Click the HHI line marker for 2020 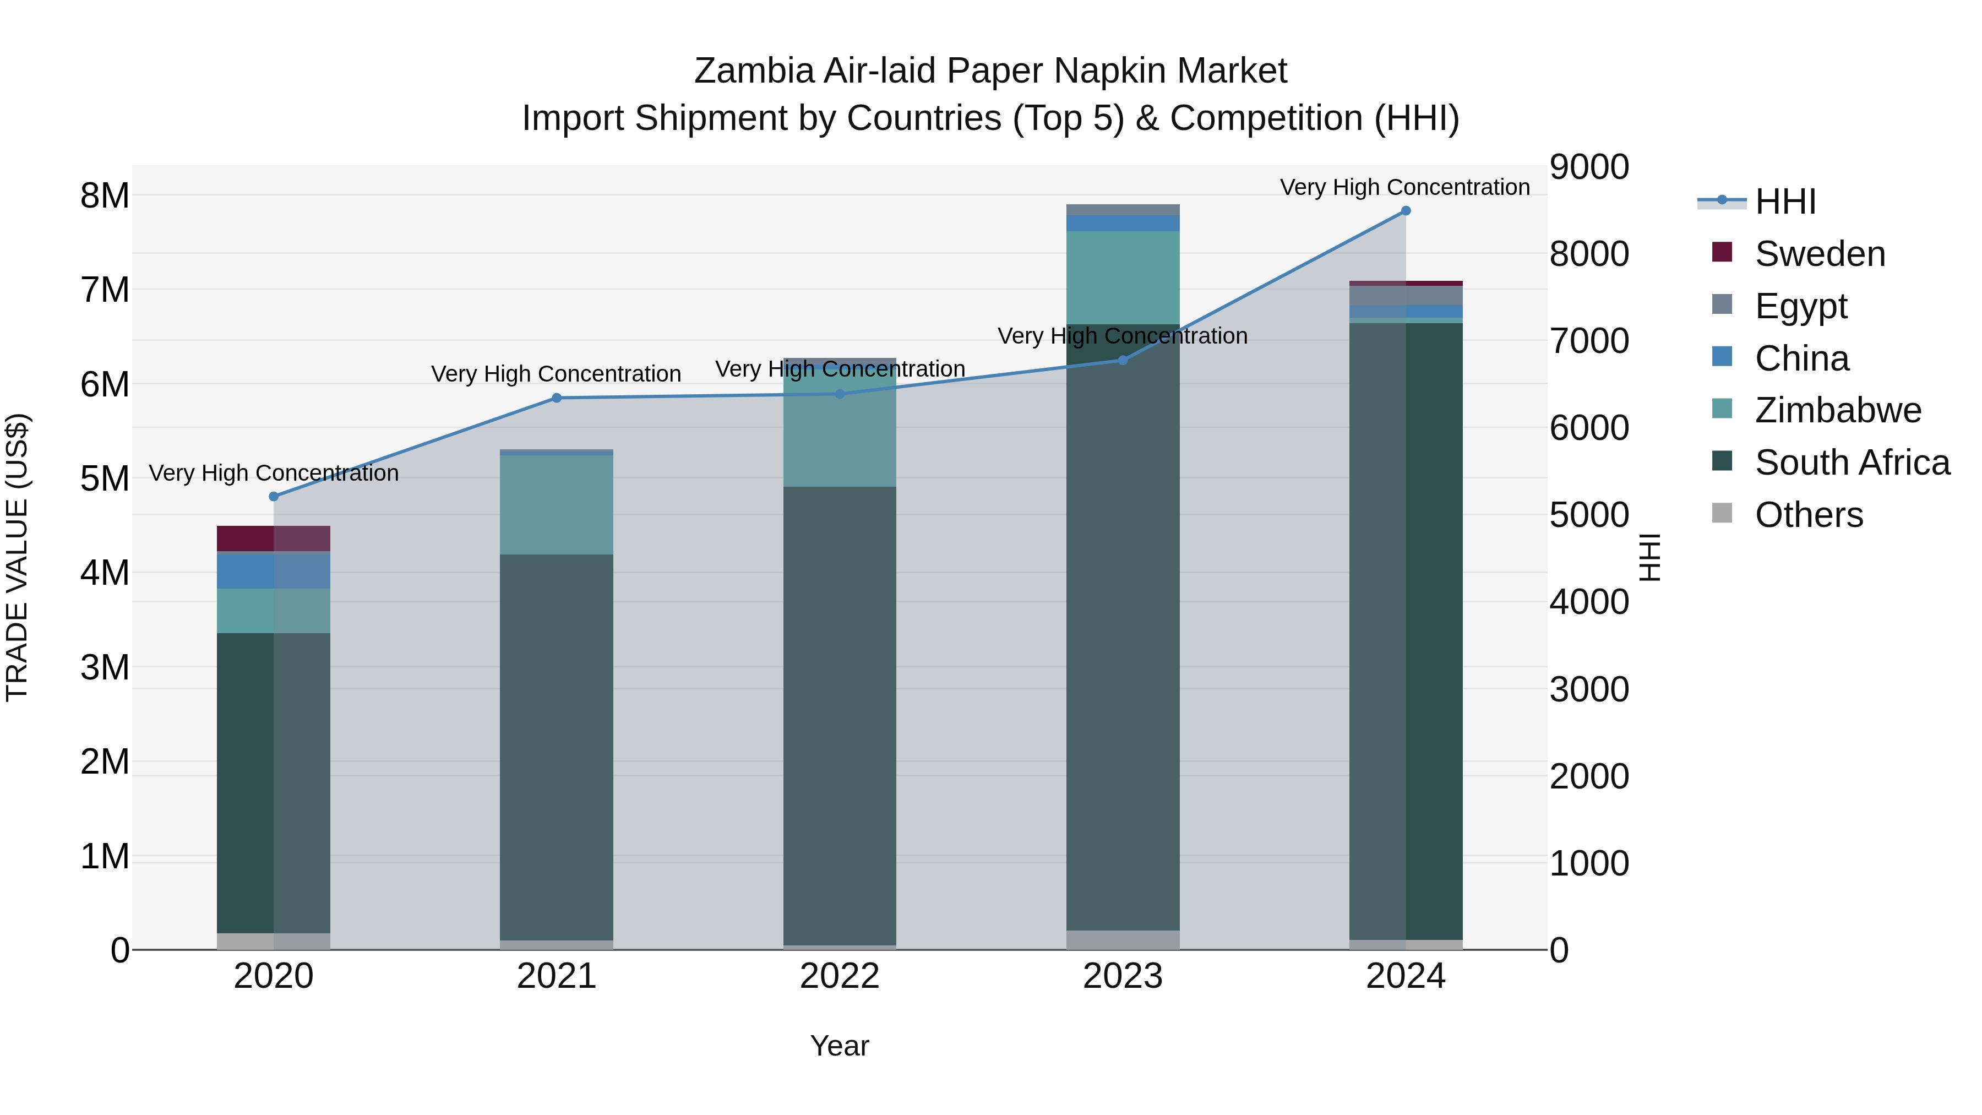(274, 496)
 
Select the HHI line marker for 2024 (1406, 211)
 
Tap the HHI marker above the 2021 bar (557, 398)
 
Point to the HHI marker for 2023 (1123, 360)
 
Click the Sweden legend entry (1820, 254)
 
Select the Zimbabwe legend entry (1837, 410)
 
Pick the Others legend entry (1808, 515)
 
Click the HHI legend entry (1785, 202)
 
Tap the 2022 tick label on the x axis (840, 976)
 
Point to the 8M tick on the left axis (105, 195)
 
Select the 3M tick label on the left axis (105, 667)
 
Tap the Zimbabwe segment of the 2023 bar (1123, 277)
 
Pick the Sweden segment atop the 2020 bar (274, 538)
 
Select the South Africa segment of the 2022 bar (840, 716)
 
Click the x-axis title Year (840, 1046)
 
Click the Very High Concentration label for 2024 (1405, 187)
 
